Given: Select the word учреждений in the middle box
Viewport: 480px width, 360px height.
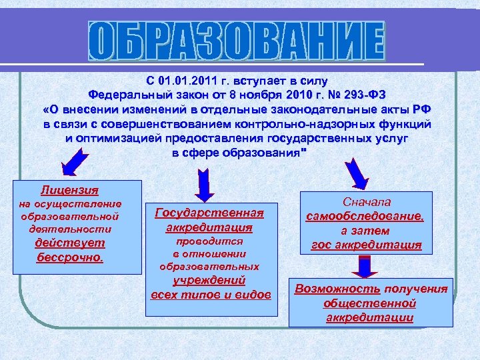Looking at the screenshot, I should tap(209, 280).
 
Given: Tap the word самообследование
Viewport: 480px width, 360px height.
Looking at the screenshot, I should tap(365, 217).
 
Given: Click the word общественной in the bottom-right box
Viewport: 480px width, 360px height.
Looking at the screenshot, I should tap(369, 303).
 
